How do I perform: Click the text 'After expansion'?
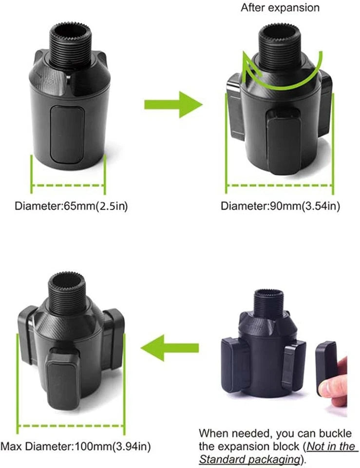pos(280,8)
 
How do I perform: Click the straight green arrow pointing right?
pos(173,104)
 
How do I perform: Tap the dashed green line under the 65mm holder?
pos(68,185)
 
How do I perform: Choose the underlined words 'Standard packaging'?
pos(248,459)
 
